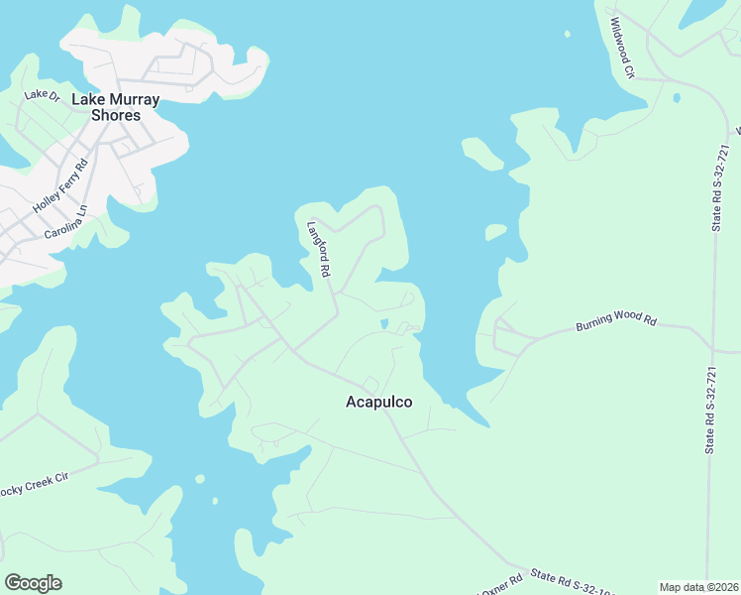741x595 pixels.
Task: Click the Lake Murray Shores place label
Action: [x=115, y=107]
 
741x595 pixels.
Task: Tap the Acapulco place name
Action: [x=378, y=402]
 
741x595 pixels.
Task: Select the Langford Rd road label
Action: [x=318, y=248]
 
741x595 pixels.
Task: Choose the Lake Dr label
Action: [x=43, y=95]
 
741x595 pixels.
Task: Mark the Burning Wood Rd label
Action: [x=616, y=323]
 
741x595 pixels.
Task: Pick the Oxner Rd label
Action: [x=500, y=585]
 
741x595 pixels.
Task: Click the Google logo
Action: [x=33, y=583]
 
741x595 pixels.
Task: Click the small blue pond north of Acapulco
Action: [x=384, y=323]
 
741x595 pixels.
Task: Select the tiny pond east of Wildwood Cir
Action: [x=677, y=98]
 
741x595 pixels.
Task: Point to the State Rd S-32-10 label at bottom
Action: [x=561, y=577]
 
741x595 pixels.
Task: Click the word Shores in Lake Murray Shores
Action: [x=115, y=115]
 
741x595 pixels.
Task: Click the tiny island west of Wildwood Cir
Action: [x=568, y=35]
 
